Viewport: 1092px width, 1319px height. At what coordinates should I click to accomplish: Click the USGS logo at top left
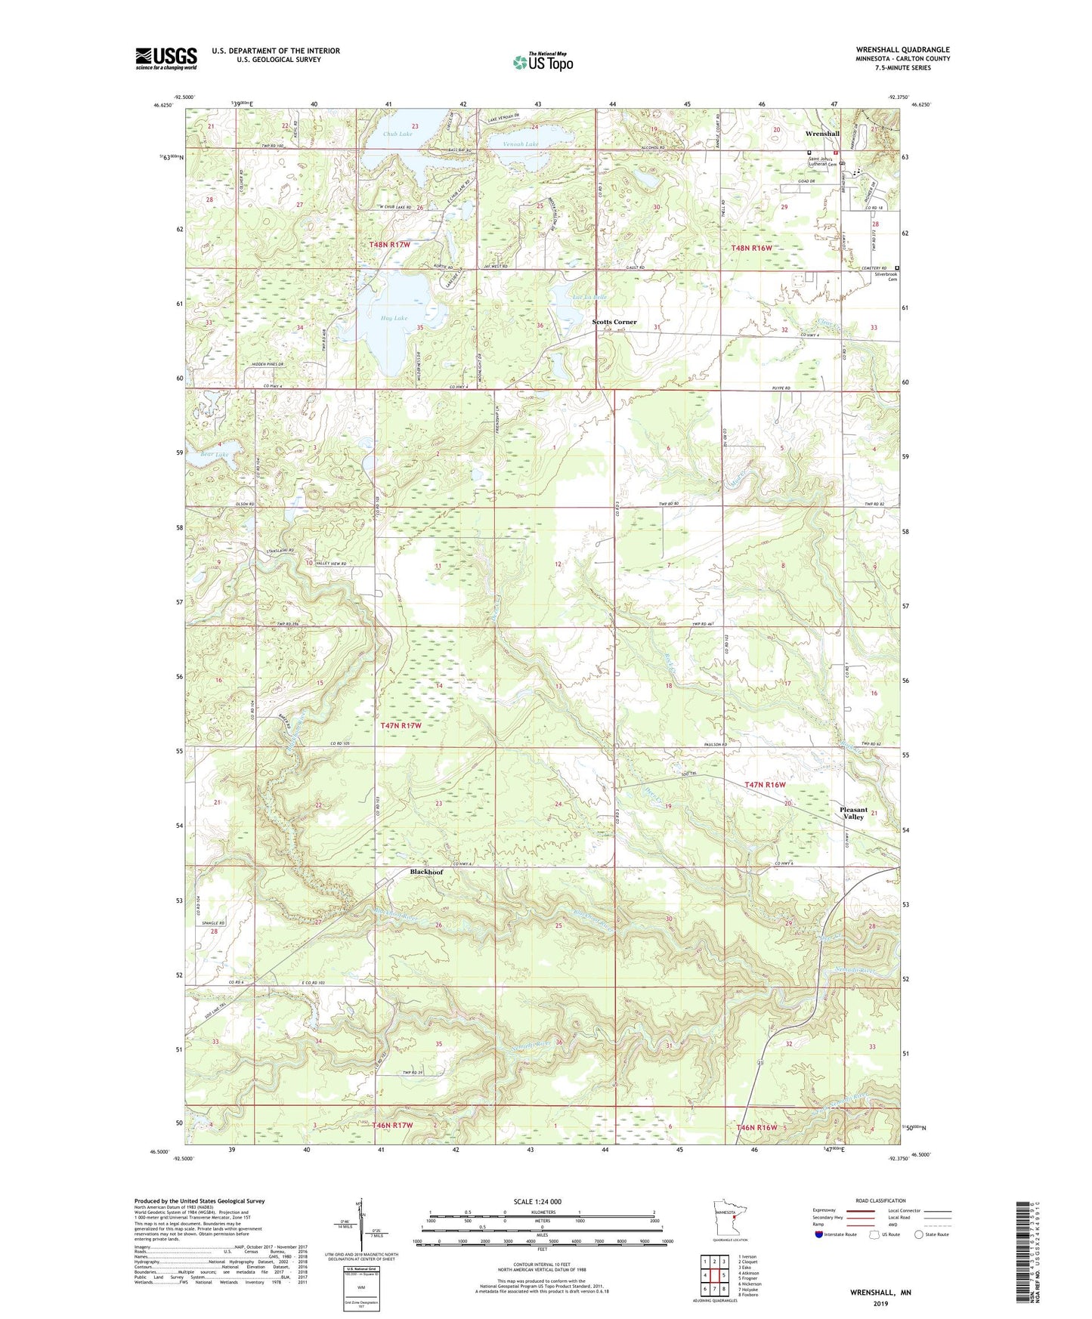166,58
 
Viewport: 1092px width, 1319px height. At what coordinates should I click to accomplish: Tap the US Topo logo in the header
542,62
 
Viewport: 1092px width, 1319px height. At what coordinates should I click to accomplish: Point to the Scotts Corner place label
614,322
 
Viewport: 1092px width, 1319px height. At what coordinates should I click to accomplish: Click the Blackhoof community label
426,872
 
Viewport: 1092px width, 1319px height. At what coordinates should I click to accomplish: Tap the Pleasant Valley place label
853,813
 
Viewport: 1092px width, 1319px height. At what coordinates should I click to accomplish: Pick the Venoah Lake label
521,144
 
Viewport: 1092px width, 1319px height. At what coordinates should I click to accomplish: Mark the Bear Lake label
214,454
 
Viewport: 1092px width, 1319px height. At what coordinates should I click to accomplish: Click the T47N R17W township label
400,725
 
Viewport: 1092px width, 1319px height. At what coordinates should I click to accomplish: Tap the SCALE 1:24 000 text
537,1201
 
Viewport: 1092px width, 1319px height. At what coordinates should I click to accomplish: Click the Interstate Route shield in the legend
819,1234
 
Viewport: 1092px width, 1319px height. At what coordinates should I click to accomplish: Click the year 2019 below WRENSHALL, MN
880,1304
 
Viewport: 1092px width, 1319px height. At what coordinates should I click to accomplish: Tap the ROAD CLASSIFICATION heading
880,1200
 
